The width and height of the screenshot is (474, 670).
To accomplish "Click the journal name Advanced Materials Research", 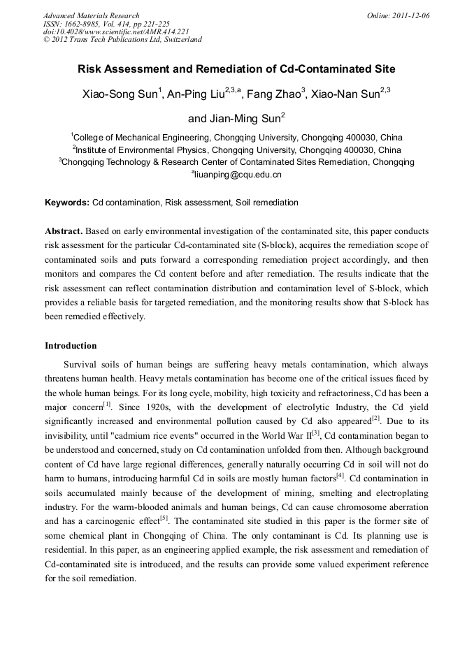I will (92, 15).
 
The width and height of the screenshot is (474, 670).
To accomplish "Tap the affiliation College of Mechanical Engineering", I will (141, 138).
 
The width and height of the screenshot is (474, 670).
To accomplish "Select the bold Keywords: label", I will (67, 203).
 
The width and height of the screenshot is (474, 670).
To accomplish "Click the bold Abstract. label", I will (65, 231).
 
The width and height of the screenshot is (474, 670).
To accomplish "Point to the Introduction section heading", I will (71, 346).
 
